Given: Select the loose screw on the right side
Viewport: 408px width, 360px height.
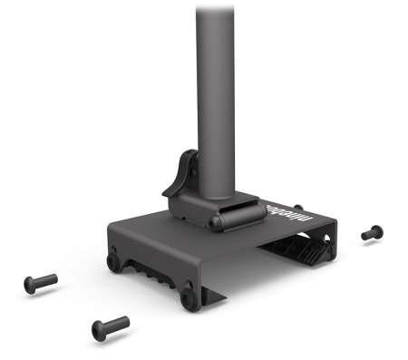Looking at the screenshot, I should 371,233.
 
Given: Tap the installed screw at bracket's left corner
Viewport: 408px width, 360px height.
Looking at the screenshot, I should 113,263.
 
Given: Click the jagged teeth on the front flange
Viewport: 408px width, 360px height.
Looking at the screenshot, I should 154,271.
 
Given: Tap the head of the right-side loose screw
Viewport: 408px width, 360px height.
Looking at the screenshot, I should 365,235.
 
